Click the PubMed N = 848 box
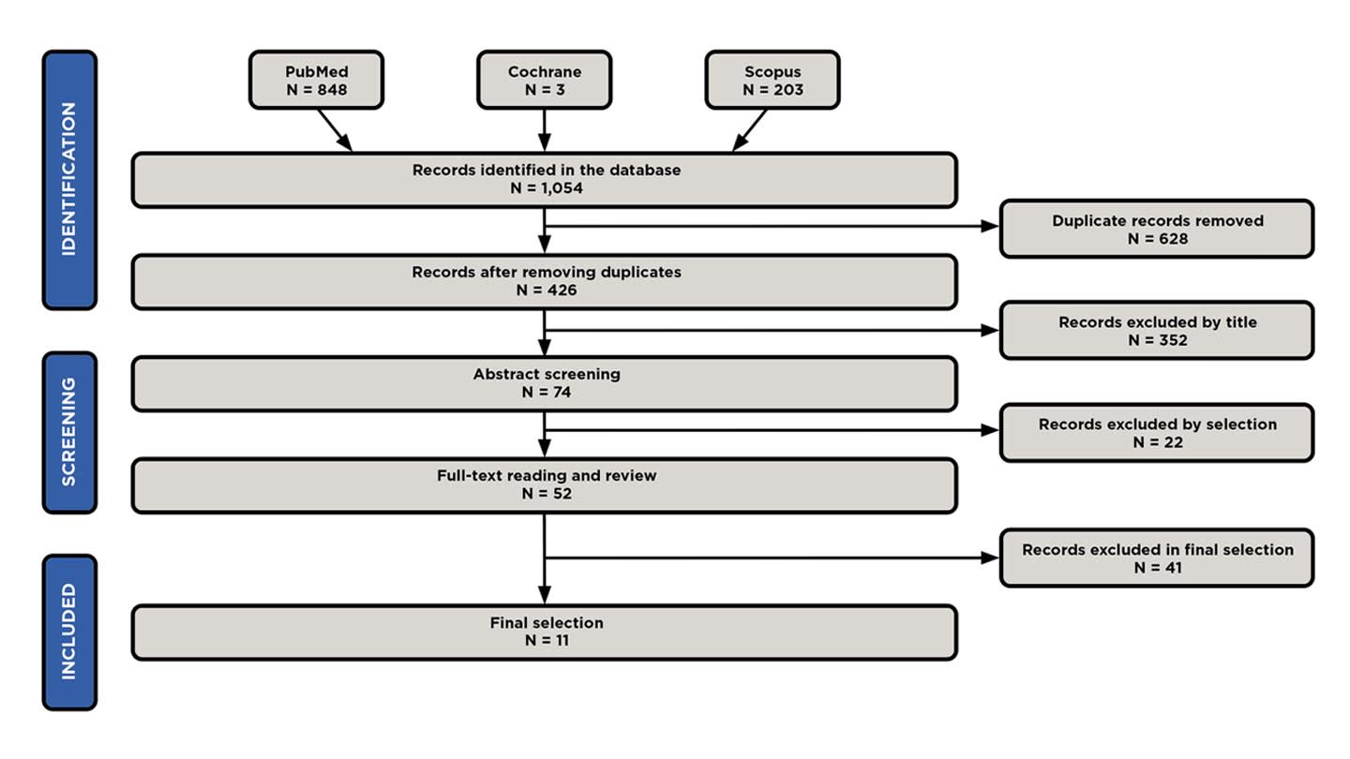coord(316,80)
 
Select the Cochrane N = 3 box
coord(544,80)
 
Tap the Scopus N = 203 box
coord(772,80)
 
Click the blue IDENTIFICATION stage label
coord(69,179)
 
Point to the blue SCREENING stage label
coord(69,432)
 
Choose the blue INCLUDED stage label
coord(69,632)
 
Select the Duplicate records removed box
coord(1157,229)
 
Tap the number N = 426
coord(547,290)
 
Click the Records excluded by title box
coord(1157,330)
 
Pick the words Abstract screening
coord(547,374)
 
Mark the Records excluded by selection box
coord(1157,432)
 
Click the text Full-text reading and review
coord(547,475)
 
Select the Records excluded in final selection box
coord(1157,558)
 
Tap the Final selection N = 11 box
coord(544,632)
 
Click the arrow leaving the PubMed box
coord(334,128)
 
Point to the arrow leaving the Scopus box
coord(750,129)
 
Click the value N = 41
coord(1157,567)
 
